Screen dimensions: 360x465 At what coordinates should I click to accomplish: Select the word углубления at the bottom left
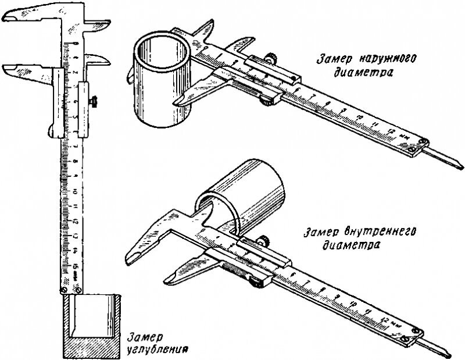click(157, 351)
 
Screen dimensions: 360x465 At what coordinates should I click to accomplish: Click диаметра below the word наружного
click(360, 73)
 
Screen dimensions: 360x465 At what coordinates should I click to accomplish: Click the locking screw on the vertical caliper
click(92, 102)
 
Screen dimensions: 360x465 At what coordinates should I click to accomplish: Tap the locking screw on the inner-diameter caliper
click(263, 238)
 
